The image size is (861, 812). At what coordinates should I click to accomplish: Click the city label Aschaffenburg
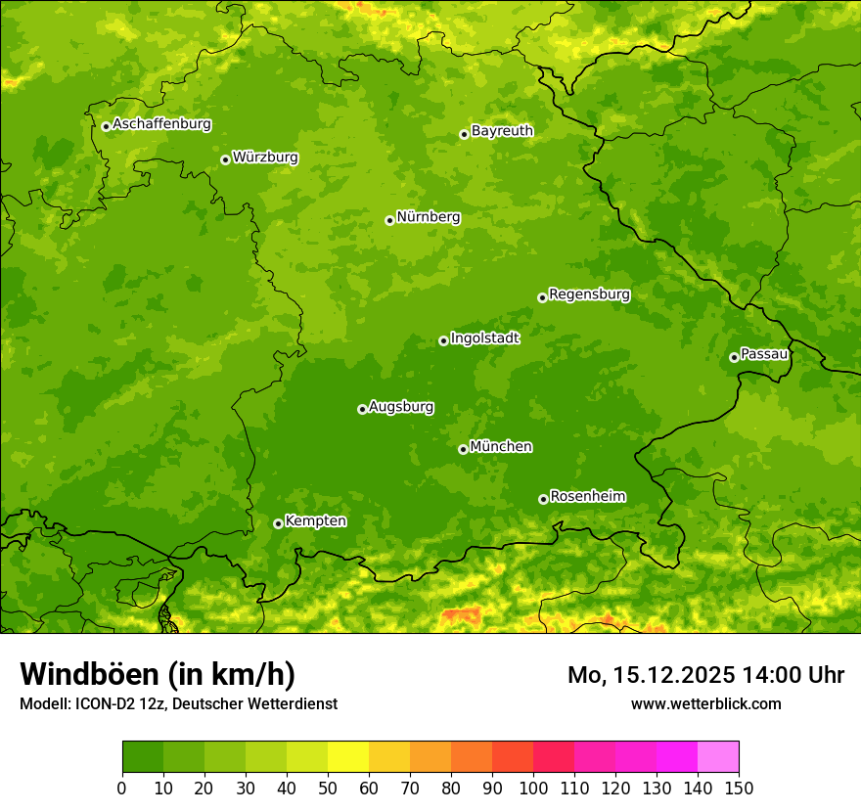click(161, 124)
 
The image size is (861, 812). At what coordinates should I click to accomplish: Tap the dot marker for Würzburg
click(225, 159)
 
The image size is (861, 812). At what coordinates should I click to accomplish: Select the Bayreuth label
click(502, 131)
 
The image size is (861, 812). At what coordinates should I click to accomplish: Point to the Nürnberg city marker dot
click(389, 220)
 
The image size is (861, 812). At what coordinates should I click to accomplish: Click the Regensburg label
click(589, 294)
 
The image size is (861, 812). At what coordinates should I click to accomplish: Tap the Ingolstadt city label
click(485, 338)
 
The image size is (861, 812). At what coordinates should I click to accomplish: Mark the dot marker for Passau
click(734, 357)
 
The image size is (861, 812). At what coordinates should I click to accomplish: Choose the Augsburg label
click(401, 407)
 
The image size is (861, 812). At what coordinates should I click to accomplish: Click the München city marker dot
click(463, 449)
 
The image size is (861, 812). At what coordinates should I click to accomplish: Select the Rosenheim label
click(588, 497)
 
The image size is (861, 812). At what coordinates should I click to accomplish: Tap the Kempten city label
click(315, 521)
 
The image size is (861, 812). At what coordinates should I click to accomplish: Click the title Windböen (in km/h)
click(158, 674)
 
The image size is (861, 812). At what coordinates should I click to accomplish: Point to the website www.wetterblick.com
click(705, 703)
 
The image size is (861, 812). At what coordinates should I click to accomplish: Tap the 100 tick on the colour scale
click(533, 788)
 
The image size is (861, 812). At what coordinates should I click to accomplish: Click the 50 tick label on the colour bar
click(328, 788)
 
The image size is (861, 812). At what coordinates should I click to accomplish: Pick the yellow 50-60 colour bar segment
click(348, 757)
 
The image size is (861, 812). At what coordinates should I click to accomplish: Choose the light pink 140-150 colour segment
click(718, 757)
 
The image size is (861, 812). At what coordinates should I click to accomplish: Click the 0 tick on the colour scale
click(122, 788)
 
